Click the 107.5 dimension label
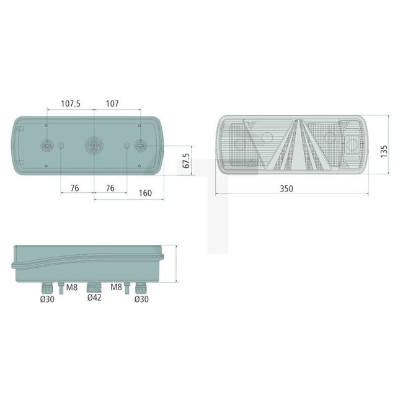click(70, 104)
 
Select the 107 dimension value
click(112, 104)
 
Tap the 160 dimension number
click(144, 193)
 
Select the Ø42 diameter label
click(94, 298)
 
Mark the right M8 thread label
click(117, 287)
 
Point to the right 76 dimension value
click(109, 188)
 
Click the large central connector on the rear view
click(93, 146)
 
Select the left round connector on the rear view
click(46, 146)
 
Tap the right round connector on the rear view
click(141, 146)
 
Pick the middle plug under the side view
click(94, 287)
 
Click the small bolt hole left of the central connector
click(61, 146)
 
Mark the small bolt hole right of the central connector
click(127, 146)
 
